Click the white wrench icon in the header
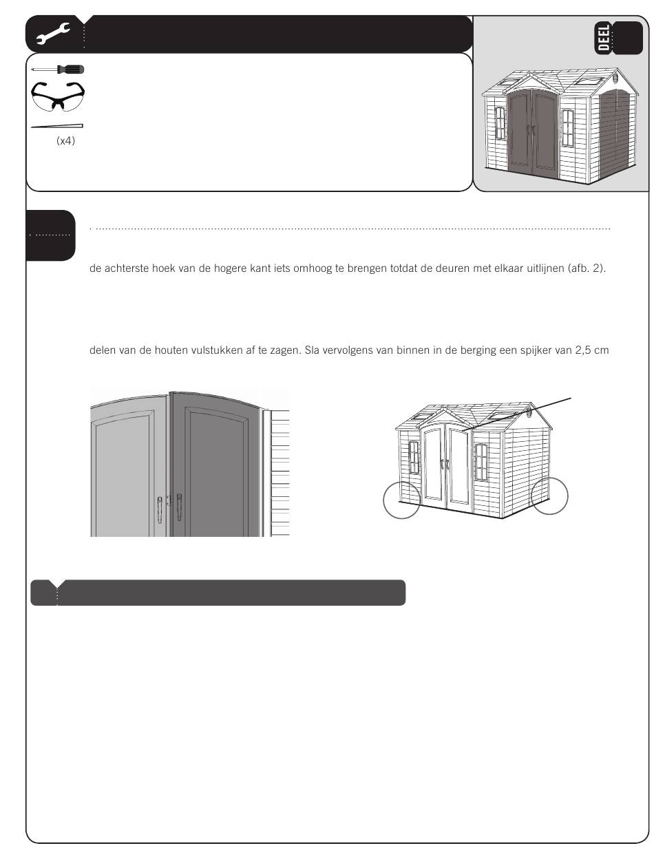point(53,33)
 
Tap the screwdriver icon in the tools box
point(58,70)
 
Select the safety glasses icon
point(58,96)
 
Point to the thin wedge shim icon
point(57,127)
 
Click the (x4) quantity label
point(65,141)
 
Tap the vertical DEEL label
point(603,38)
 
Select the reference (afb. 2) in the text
point(587,269)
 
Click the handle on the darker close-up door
point(179,507)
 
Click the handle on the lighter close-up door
point(160,510)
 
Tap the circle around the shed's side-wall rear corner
point(549,496)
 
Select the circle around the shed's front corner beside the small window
point(401,500)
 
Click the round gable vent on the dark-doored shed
point(617,77)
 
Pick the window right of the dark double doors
point(567,128)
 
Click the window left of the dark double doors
point(500,123)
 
